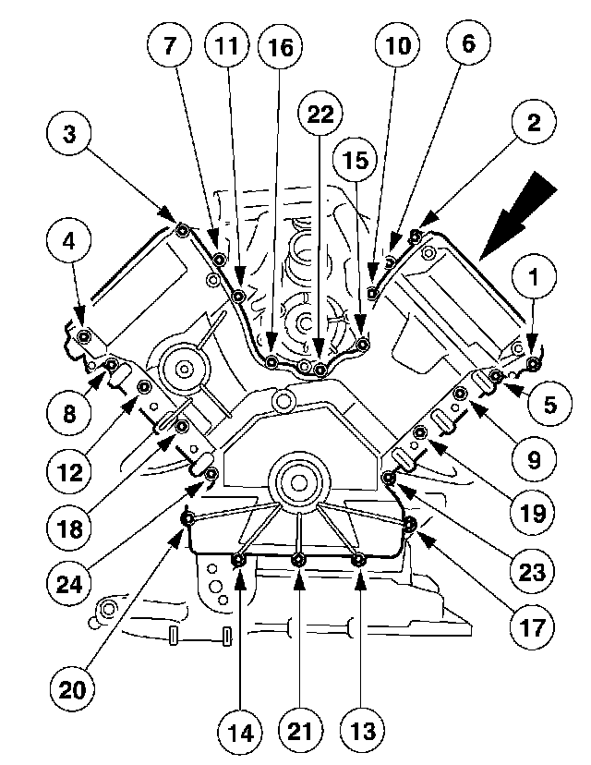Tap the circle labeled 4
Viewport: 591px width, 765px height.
click(69, 243)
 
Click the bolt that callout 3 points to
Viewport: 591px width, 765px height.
click(182, 229)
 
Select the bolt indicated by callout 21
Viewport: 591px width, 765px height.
click(298, 559)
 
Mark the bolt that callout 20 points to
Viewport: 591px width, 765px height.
click(187, 520)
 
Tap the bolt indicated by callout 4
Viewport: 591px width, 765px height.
click(84, 335)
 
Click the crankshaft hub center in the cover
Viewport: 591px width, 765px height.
click(297, 480)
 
